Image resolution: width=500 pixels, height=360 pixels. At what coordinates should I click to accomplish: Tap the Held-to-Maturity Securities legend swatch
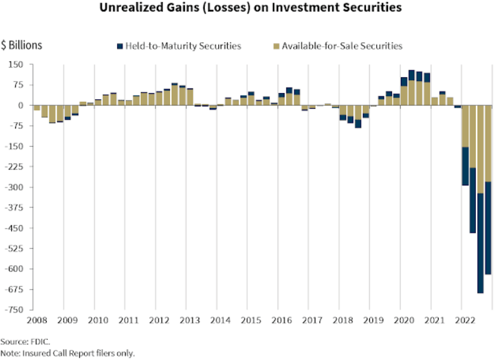(119, 46)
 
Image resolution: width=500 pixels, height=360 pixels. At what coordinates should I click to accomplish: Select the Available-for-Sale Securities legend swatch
(276, 46)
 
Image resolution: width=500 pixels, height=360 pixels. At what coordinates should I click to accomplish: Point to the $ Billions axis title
(21, 45)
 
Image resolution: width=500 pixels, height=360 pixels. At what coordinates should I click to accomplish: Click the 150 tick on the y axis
(16, 65)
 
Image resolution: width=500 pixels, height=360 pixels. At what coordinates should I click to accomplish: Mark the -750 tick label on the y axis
(14, 310)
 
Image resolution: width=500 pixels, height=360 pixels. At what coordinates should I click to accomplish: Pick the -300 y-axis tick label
(14, 187)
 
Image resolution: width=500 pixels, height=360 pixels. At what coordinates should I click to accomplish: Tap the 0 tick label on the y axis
(20, 106)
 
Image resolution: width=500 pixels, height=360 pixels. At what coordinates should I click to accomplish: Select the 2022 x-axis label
(465, 320)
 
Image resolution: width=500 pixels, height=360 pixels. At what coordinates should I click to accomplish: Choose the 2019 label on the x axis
(373, 320)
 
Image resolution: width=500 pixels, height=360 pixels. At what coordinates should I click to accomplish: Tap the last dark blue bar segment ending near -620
(488, 228)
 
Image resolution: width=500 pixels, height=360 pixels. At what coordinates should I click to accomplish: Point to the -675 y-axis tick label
(14, 290)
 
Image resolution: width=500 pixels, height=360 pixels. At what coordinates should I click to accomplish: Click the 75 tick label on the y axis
(18, 85)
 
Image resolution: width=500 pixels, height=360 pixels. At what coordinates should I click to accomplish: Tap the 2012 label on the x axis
(157, 320)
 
